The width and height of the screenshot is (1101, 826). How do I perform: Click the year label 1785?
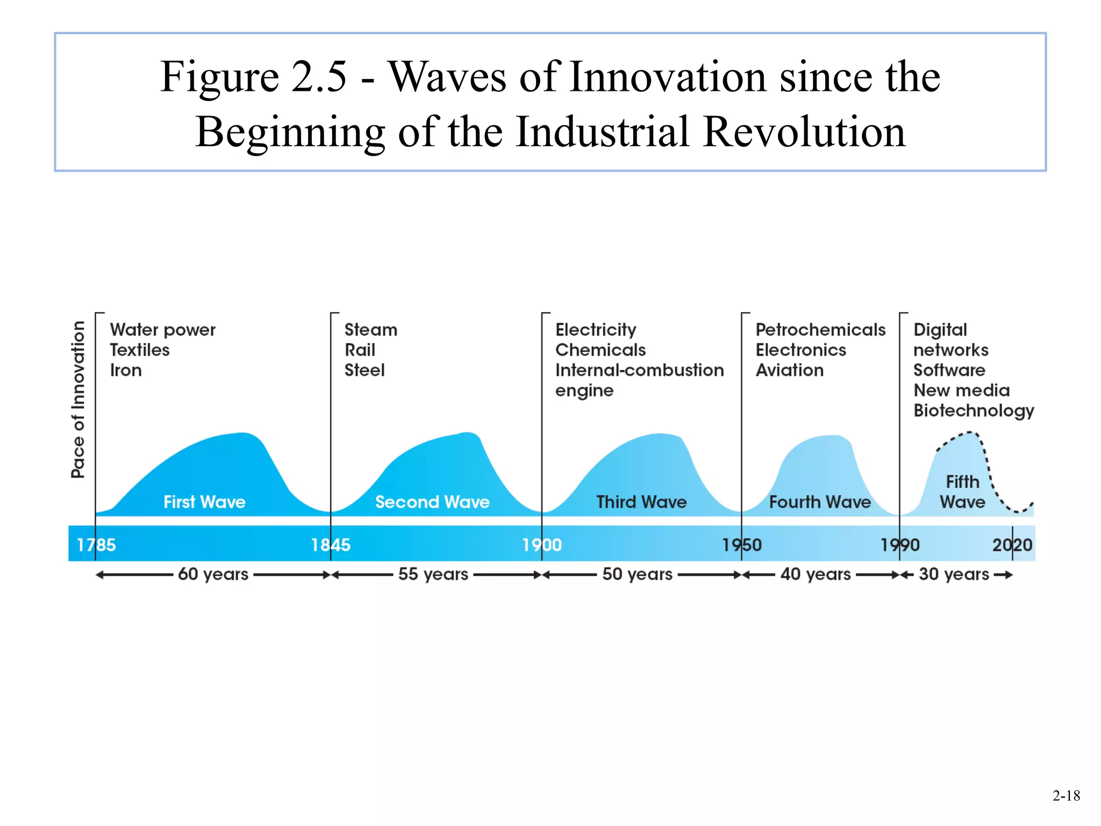coord(96,545)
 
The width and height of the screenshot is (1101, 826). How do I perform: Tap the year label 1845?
coord(331,545)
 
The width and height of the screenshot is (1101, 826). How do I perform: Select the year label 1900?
coord(542,545)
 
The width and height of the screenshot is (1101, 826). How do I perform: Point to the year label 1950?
coord(742,545)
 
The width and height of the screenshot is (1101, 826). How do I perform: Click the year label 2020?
coord(1012,545)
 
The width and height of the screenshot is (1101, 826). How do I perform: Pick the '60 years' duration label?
coord(213,574)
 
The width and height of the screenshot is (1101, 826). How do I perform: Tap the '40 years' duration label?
coord(816,574)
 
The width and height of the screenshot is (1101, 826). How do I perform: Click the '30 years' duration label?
coord(954,574)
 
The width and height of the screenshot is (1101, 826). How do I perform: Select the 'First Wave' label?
coord(204,502)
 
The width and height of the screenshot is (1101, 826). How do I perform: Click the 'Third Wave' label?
coord(641,502)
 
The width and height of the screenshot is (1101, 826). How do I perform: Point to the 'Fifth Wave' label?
coord(962,492)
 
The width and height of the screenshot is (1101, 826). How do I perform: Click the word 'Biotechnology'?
coord(974,411)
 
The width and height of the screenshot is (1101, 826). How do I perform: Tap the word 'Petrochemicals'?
coord(820,330)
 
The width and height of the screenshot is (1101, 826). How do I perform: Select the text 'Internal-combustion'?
coord(639,370)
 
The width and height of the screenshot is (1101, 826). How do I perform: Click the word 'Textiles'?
coord(140,350)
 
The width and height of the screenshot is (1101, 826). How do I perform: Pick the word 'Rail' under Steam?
coord(360,350)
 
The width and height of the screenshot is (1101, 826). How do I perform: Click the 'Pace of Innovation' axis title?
coord(78,399)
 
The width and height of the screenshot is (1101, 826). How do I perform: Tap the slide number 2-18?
coord(1066,795)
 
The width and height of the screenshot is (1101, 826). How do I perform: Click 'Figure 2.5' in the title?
coord(253,76)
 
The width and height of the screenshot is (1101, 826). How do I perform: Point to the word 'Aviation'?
coord(789,370)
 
